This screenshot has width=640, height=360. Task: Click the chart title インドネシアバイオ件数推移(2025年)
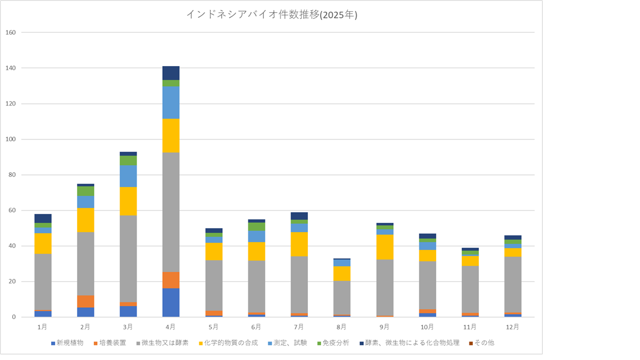pyautogui.click(x=272, y=15)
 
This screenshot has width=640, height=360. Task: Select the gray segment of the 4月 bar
pyautogui.click(x=171, y=212)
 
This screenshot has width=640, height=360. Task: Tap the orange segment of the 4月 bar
pyautogui.click(x=171, y=280)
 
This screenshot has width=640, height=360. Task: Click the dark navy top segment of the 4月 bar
pyautogui.click(x=171, y=73)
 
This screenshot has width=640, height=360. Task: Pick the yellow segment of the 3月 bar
pyautogui.click(x=128, y=201)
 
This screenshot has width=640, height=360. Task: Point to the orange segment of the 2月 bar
pyautogui.click(x=86, y=301)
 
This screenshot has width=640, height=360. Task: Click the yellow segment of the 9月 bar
pyautogui.click(x=384, y=247)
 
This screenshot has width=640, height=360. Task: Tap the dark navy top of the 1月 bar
pyautogui.click(x=43, y=218)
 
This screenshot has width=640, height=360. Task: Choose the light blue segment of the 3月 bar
pyautogui.click(x=128, y=176)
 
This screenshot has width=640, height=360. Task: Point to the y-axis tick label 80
pyautogui.click(x=12, y=175)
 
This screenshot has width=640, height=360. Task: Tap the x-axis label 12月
pyautogui.click(x=513, y=327)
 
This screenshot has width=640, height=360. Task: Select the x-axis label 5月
pyautogui.click(x=214, y=327)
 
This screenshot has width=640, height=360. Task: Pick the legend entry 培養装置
pyautogui.click(x=114, y=343)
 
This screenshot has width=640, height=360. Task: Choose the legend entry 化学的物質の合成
pyautogui.click(x=231, y=343)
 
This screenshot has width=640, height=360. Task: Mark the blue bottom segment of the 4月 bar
pyautogui.click(x=171, y=303)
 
